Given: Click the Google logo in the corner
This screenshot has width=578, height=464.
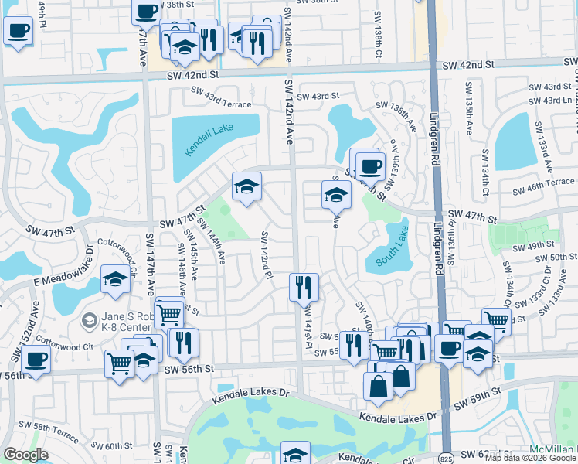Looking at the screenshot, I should (x=25, y=455).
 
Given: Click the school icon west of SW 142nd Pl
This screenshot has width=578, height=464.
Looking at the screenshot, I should (x=246, y=186).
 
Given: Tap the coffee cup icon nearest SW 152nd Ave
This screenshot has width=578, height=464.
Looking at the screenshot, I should (x=36, y=358).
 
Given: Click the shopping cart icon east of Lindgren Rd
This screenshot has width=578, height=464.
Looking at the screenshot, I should (x=495, y=319).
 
